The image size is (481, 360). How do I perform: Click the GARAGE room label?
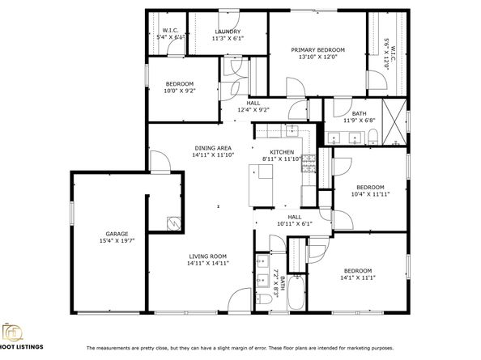click(117, 234)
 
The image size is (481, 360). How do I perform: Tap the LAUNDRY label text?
click(228, 32)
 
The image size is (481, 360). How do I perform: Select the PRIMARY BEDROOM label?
click(317, 50)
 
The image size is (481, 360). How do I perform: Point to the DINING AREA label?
click(213, 148)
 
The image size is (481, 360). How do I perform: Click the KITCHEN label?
click(282, 152)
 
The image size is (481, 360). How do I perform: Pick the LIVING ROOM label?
click(207, 256)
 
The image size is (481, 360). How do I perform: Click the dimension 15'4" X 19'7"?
click(117, 241)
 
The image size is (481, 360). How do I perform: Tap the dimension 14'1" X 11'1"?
click(358, 278)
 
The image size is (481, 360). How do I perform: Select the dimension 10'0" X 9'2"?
click(180, 91)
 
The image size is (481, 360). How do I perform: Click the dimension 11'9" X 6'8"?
click(359, 121)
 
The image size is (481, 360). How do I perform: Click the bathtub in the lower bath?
click(296, 292)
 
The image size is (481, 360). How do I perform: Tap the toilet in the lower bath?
click(264, 299)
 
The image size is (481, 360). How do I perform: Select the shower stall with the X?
click(394, 121)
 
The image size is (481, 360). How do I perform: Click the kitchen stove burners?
click(309, 163)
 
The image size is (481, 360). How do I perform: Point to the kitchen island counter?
click(261, 186)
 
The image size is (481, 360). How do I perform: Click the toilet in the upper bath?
click(372, 137)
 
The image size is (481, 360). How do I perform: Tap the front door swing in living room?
click(240, 300)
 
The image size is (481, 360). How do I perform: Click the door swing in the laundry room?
click(229, 20)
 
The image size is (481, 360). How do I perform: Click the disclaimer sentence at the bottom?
click(240, 348)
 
